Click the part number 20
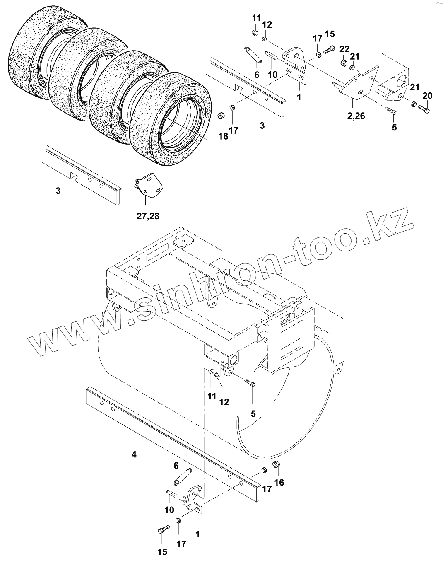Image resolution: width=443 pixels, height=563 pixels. click(x=427, y=96)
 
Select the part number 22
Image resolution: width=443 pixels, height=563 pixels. click(x=344, y=49)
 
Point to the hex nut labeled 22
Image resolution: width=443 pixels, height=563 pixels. click(x=343, y=63)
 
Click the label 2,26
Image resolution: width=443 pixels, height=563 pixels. click(x=356, y=116)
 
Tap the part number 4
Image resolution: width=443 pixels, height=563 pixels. click(x=134, y=454)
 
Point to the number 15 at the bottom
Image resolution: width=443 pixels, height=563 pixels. click(x=162, y=551)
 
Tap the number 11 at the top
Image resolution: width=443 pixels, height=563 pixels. click(x=256, y=18)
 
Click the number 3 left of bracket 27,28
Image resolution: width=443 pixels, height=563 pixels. click(x=58, y=191)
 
